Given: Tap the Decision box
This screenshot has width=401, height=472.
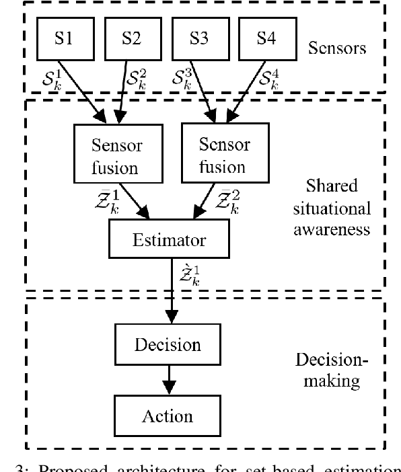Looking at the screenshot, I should click(167, 345).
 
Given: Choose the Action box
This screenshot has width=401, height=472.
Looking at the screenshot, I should click(167, 416).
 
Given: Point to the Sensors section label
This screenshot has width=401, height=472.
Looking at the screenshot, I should click(336, 48).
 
